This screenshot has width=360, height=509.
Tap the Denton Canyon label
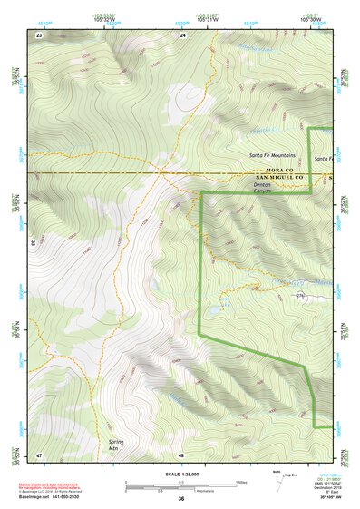click(262, 187)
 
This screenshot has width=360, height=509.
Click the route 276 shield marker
click(300, 296)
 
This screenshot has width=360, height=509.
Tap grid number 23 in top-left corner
click(39, 34)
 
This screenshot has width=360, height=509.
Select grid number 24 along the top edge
click(182, 34)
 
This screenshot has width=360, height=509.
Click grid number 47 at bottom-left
click(39, 454)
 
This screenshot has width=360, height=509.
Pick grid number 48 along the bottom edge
click(182, 454)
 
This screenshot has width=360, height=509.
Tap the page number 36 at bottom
click(180, 499)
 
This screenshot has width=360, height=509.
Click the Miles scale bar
click(181, 482)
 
